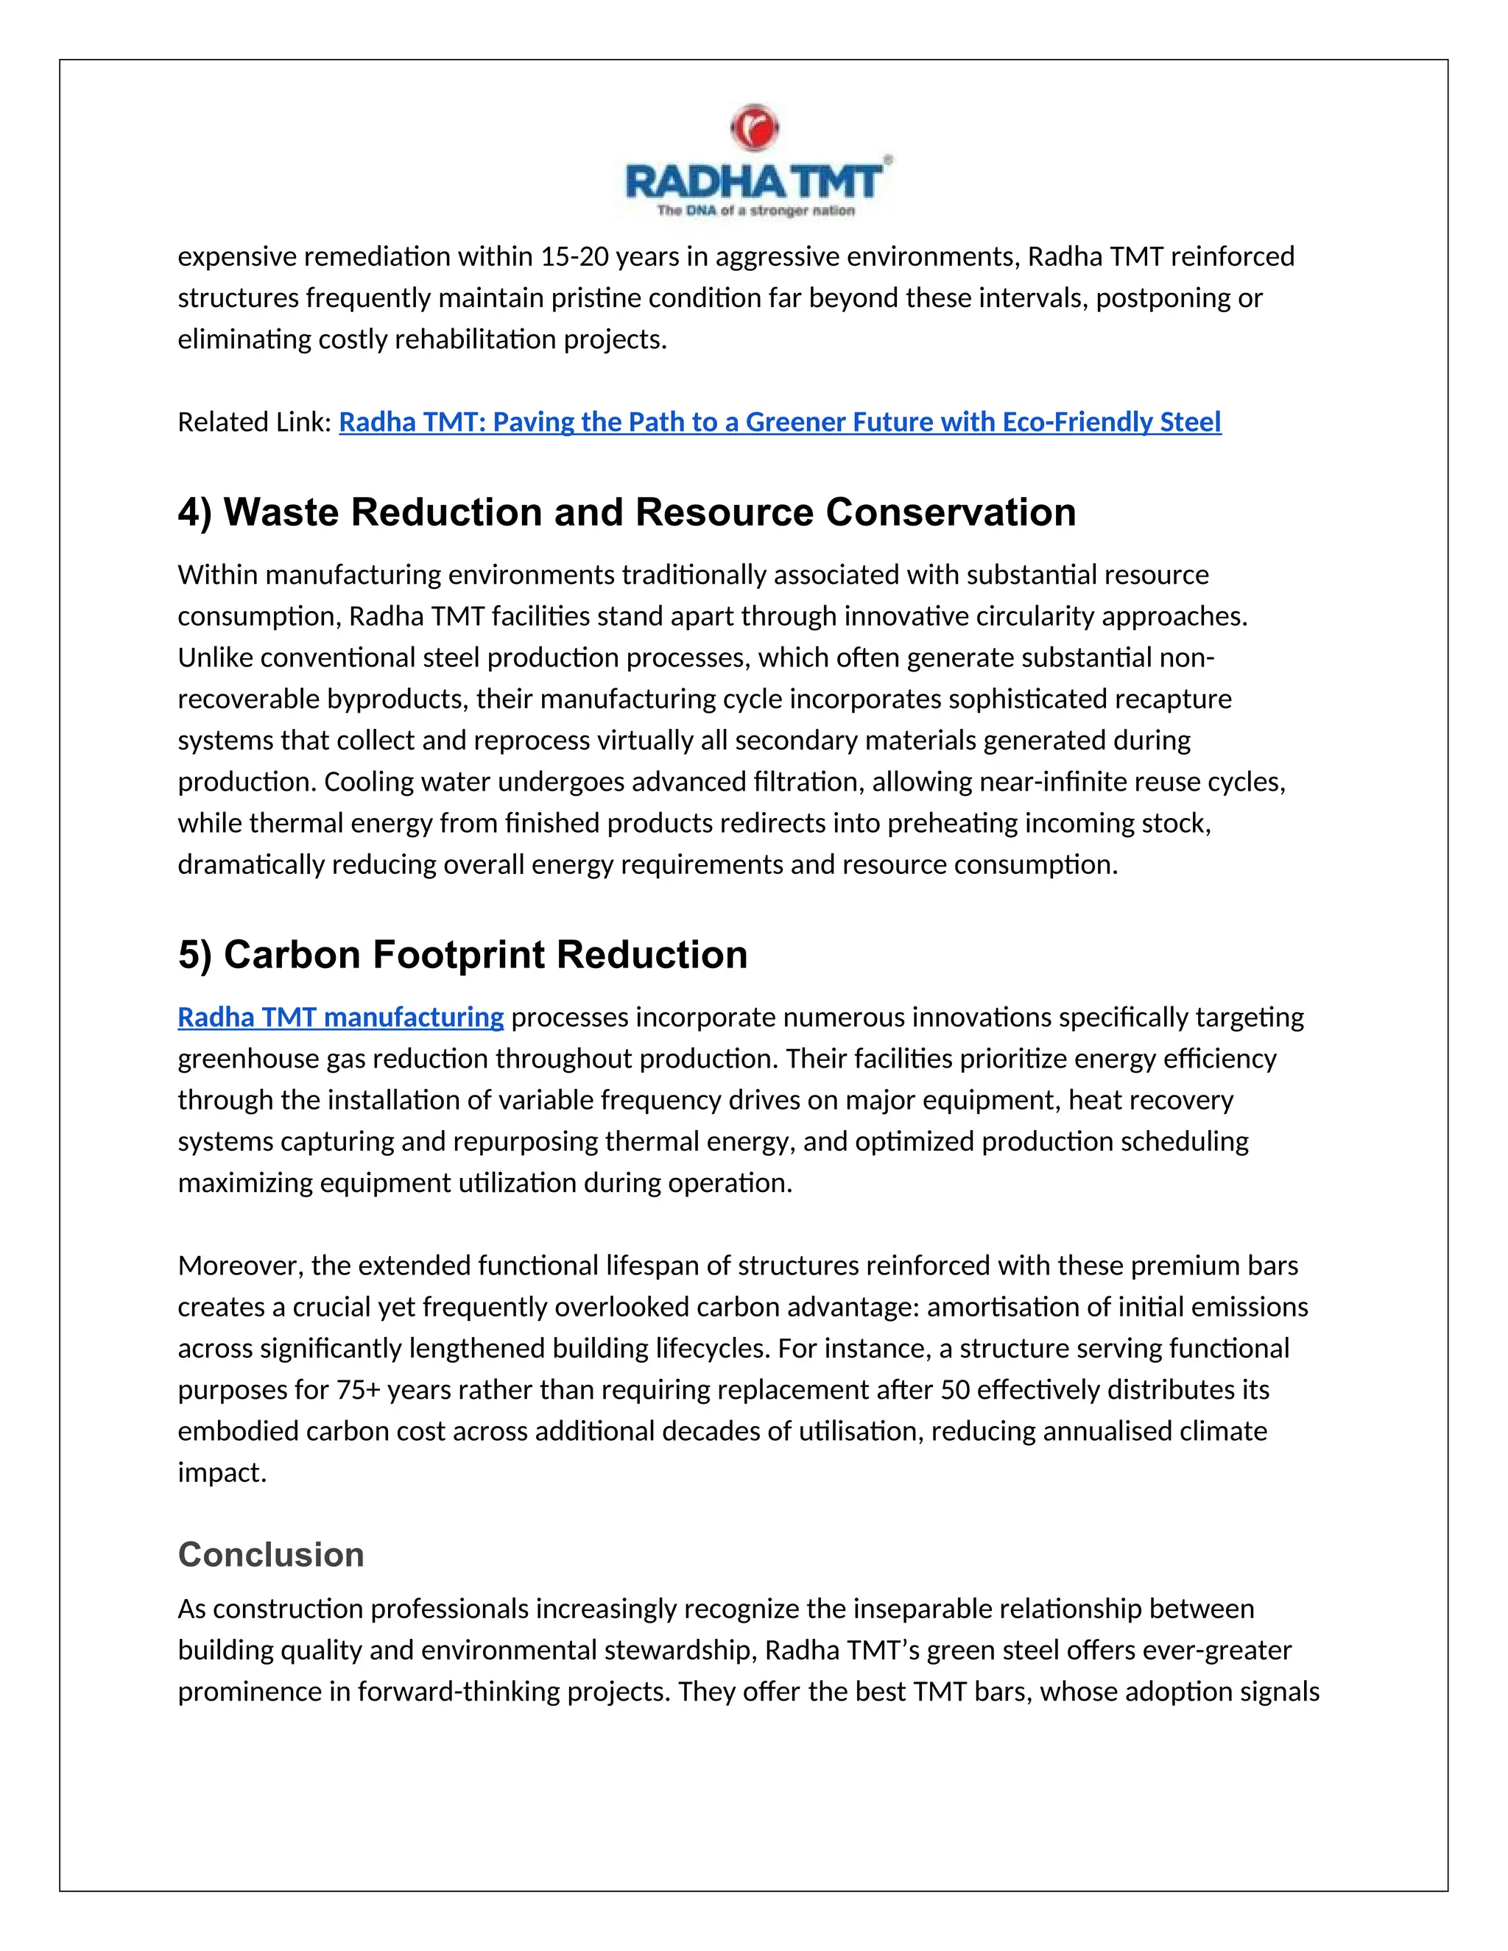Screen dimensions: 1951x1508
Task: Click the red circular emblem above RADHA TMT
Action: pos(755,128)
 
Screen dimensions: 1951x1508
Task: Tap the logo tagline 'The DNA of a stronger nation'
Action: pos(755,211)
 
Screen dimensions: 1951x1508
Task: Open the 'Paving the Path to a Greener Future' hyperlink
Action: pos(779,422)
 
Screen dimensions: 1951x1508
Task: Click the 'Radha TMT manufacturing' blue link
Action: pos(340,1017)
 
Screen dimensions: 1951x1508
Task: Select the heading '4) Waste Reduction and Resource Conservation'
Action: pos(627,512)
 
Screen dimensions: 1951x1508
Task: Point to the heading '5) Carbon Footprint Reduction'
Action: pos(462,955)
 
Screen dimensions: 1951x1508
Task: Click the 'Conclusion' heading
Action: pos(271,1555)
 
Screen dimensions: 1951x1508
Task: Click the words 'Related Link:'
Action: pos(255,422)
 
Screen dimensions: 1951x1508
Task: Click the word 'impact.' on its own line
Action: pos(222,1473)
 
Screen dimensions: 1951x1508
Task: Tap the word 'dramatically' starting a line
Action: pos(251,865)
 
